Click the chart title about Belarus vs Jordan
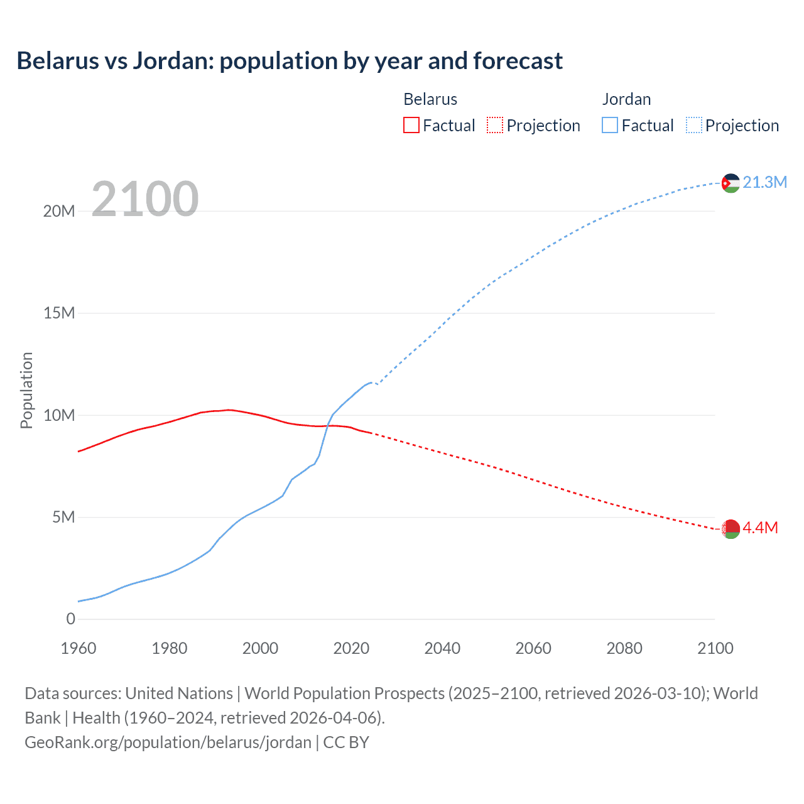pos(290,61)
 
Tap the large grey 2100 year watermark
pos(145,199)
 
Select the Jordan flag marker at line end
pos(730,183)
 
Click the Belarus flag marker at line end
pos(730,528)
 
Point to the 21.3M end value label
pos(764,182)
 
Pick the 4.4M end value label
pos(760,528)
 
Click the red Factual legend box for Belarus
pos(411,126)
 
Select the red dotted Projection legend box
pos(495,126)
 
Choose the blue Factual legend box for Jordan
pos(609,126)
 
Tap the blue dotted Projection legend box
pos(693,126)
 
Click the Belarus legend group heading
pos(430,99)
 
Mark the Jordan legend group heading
pos(626,99)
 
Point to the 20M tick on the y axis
pos(59,211)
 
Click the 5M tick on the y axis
pos(63,517)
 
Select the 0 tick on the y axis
pos(70,619)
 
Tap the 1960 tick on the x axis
pos(79,648)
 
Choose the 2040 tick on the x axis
pos(442,648)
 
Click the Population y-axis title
pos(26,390)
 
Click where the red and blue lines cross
pos(327,426)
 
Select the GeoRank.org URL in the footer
pos(168,742)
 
